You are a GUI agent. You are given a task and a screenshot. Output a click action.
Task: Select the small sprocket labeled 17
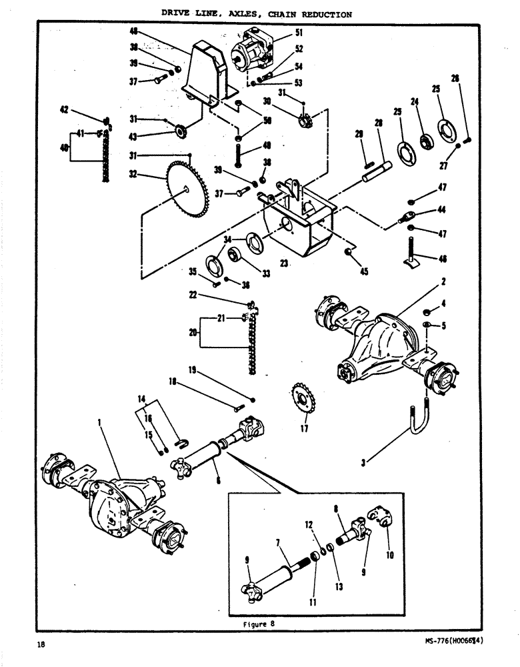[304, 401]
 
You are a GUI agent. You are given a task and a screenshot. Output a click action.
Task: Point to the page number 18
[42, 644]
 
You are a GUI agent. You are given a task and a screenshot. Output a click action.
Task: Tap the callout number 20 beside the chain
[194, 331]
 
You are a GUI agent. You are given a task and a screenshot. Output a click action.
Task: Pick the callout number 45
[364, 272]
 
